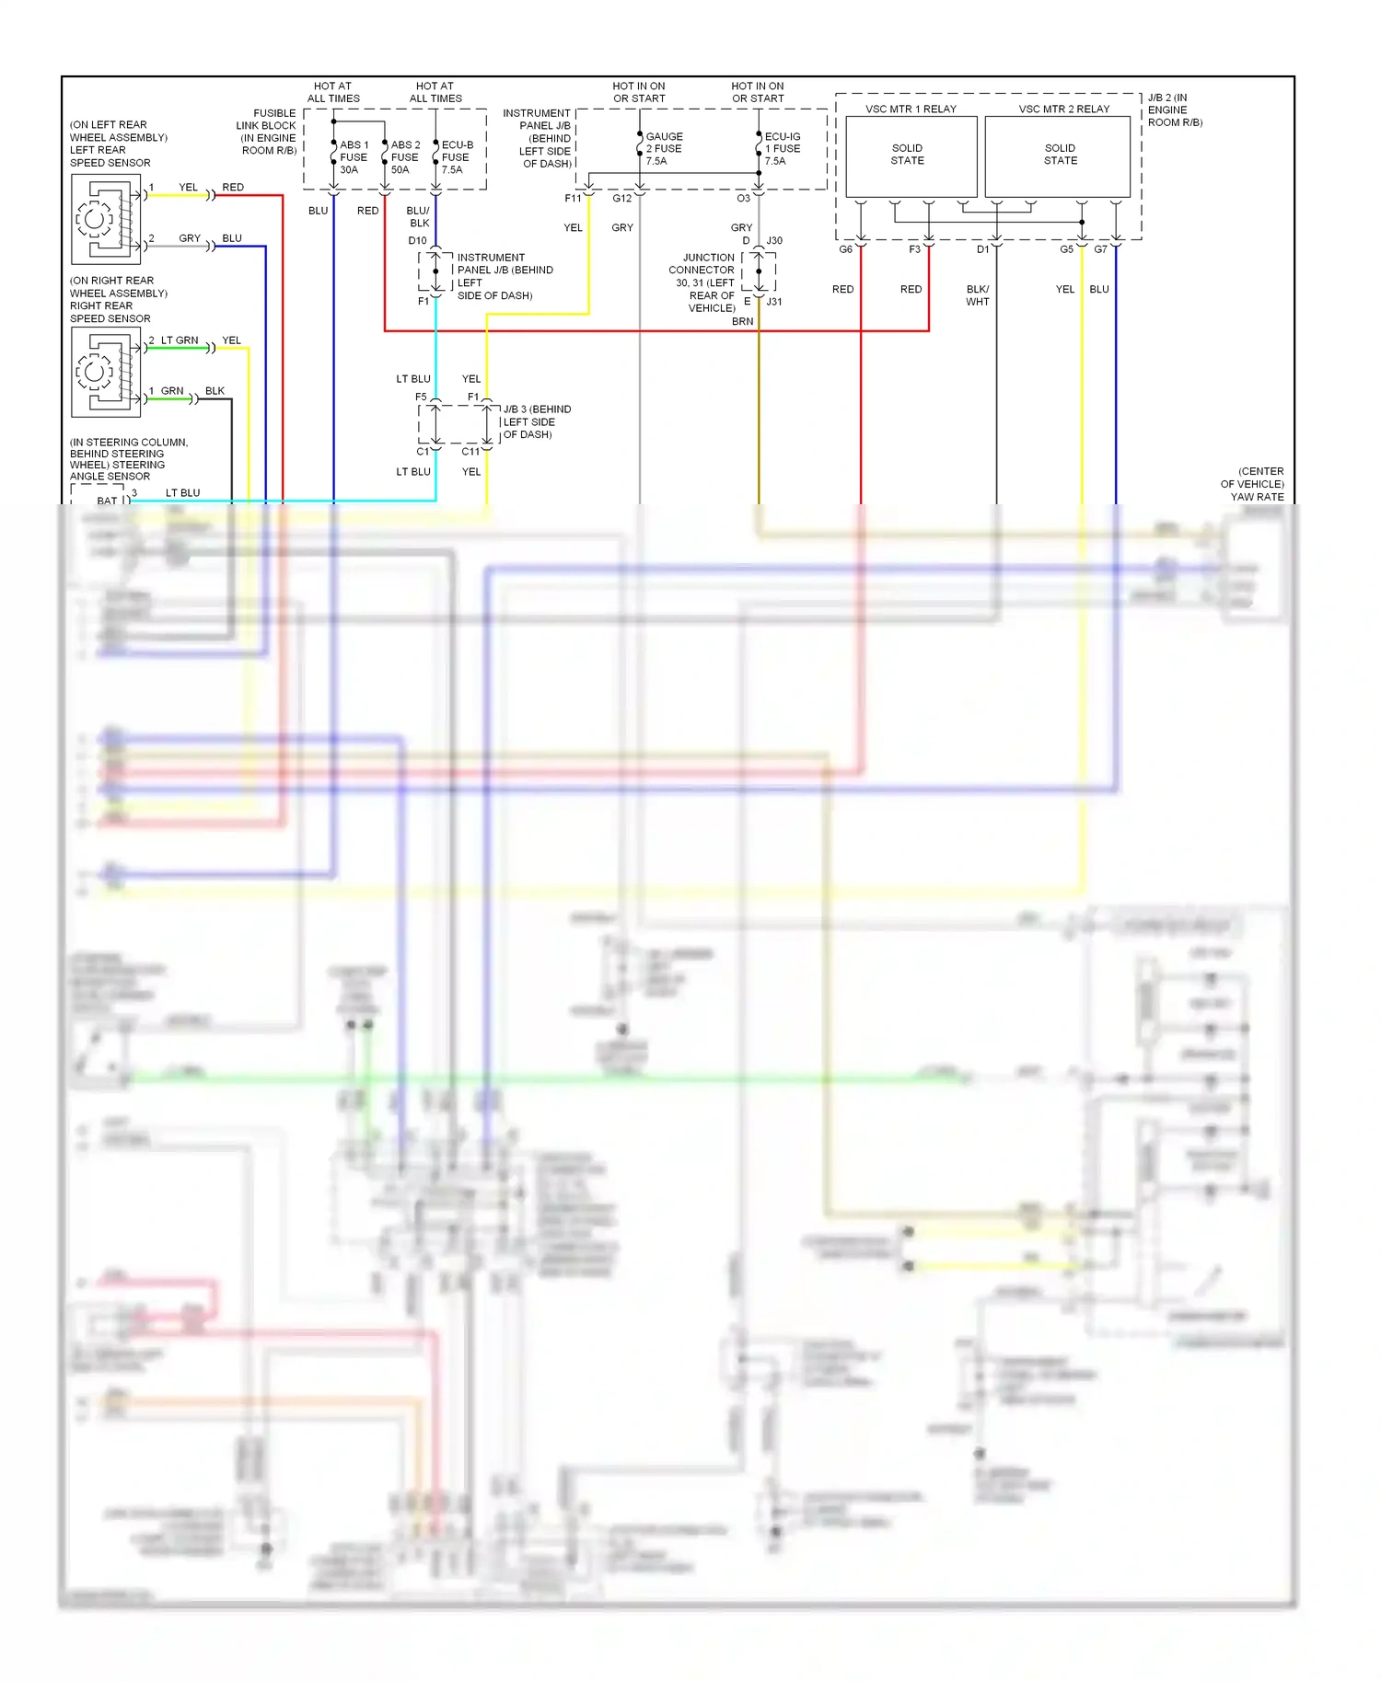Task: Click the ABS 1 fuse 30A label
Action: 353,157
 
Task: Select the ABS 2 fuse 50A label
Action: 404,157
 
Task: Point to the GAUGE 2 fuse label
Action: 663,148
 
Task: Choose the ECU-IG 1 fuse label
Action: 782,148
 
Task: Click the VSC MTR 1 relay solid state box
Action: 911,155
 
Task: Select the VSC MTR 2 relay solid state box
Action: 1058,155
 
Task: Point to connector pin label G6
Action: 845,249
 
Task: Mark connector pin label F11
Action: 573,199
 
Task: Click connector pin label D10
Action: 417,241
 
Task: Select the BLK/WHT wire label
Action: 978,295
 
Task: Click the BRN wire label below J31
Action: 742,321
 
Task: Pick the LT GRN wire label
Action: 180,340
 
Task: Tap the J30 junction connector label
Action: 774,241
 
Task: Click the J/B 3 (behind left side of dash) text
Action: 537,421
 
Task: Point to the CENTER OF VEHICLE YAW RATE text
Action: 1253,484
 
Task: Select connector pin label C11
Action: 470,452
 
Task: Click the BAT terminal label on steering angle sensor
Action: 107,501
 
